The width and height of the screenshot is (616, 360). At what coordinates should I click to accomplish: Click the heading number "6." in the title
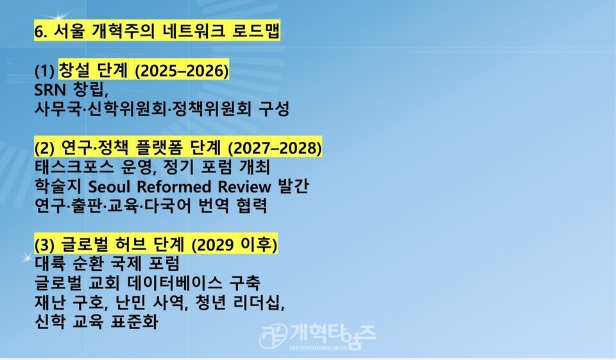click(x=42, y=31)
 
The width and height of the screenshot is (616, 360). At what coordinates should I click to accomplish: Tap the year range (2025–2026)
click(x=181, y=70)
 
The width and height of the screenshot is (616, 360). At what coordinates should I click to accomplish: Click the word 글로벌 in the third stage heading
click(x=81, y=245)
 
